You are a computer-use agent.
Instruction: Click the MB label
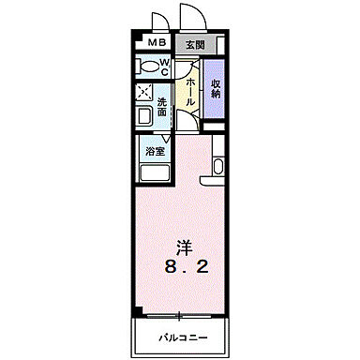coord(154,44)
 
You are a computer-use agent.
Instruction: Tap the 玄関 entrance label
coord(192,44)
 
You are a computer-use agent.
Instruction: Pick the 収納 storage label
coord(216,89)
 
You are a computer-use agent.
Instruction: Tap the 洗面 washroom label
coord(162,108)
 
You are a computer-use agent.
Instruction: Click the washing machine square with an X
coord(145,93)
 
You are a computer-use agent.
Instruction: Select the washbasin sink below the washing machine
coord(146,116)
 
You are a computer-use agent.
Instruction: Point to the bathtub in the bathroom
coord(153,171)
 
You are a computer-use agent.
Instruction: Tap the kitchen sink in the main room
coord(218,167)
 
